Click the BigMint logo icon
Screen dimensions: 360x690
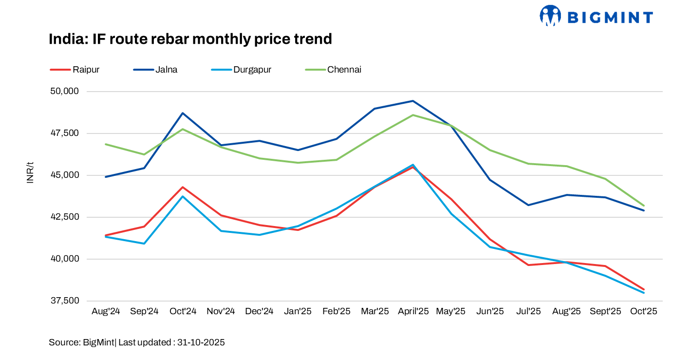pos(550,16)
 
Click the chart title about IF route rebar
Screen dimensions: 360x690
pos(190,39)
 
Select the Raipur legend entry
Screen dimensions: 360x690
pos(75,70)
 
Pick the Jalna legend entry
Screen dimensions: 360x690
pos(156,70)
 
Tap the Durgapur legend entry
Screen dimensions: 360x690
pos(242,70)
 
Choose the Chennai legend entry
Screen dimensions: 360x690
pos(334,70)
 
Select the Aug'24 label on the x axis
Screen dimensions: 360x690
pos(106,311)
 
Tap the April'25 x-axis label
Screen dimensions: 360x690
pos(413,311)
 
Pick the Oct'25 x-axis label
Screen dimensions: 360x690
pos(644,311)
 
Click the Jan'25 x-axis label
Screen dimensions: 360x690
pos(298,311)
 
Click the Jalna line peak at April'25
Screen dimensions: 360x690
pos(413,101)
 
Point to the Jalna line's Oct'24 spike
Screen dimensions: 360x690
pos(183,113)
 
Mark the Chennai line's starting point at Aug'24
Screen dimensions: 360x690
pos(106,144)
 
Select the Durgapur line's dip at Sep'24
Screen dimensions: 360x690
pos(144,244)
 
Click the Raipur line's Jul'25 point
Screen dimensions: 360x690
pos(528,265)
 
